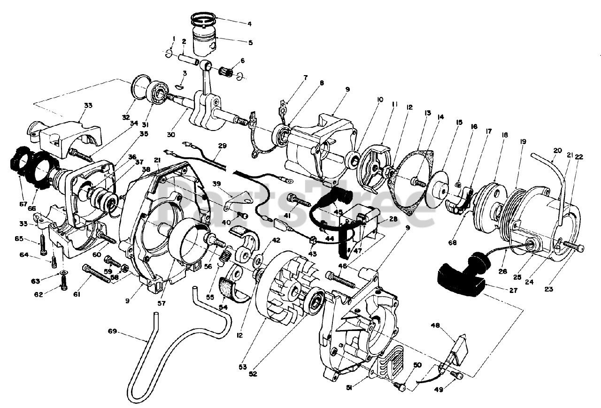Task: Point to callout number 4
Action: [x=249, y=23]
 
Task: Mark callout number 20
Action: [x=557, y=151]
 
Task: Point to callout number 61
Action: [x=77, y=294]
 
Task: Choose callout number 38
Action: [x=146, y=169]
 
